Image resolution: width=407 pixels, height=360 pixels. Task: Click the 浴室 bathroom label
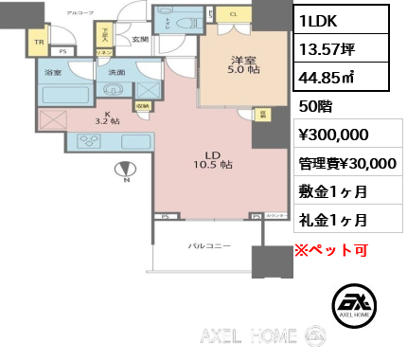pos(52,72)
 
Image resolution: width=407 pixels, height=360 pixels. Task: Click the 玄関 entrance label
pos(139,39)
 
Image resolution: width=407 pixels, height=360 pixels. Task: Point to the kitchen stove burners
pos(92,141)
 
